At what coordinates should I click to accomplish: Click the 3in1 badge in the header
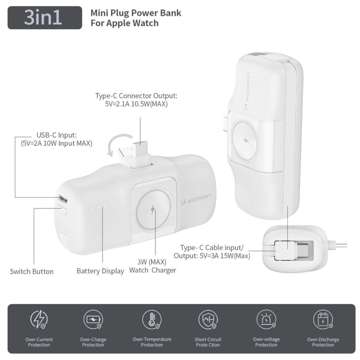(45, 18)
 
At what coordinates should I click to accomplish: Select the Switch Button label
(32, 272)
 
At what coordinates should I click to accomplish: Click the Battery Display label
(100, 271)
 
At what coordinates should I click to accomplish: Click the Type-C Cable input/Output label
(212, 252)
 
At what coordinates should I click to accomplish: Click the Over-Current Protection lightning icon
(39, 320)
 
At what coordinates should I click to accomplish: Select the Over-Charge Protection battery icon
(93, 320)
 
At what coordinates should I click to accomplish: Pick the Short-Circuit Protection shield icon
(208, 320)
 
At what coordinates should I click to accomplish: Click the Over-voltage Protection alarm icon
(266, 320)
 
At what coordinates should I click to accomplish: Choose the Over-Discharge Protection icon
(322, 320)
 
